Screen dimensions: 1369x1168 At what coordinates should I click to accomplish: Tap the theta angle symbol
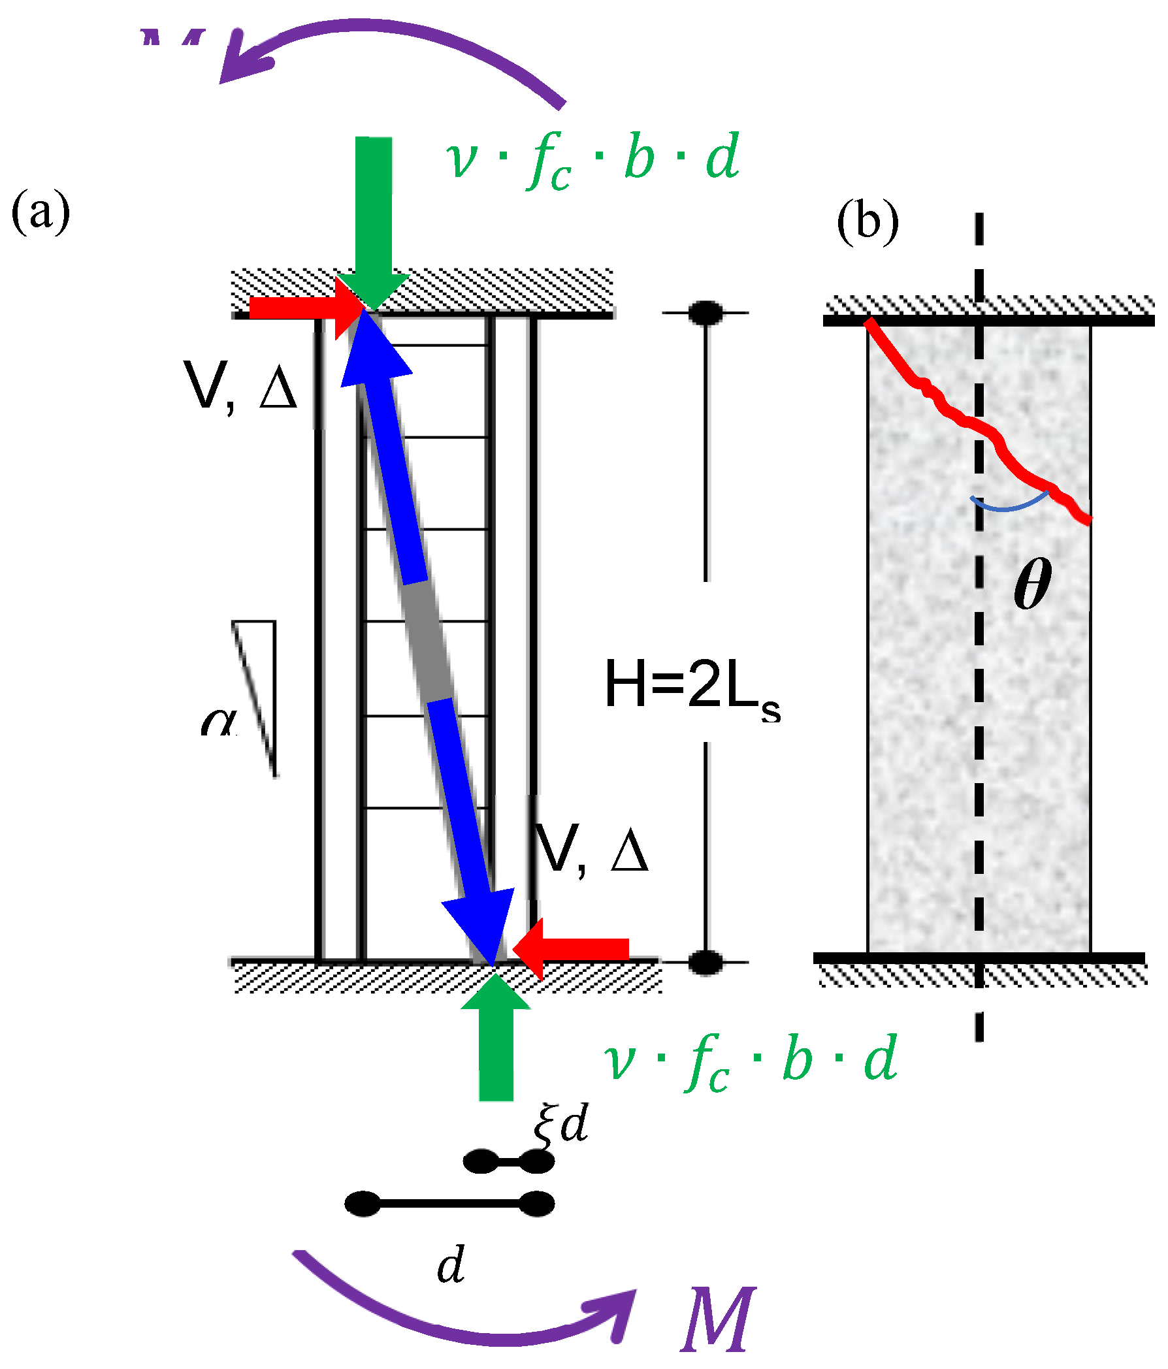[1032, 583]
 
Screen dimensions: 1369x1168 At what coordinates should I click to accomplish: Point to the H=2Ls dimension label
[692, 687]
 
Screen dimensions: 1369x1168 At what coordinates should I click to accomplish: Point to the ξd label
[560, 1123]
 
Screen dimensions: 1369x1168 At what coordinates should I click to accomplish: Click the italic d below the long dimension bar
[451, 1265]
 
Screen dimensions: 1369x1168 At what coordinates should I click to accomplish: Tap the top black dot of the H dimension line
[706, 312]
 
